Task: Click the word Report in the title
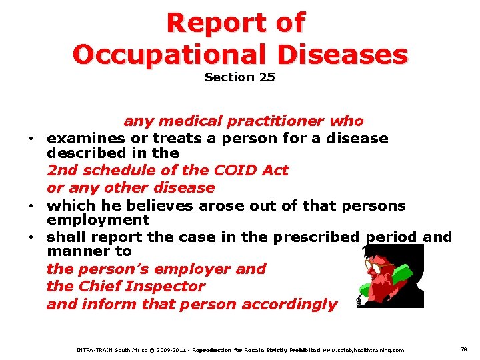pos(215,23)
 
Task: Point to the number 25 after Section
pos(267,77)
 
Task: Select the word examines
pos(86,139)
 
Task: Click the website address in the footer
pos(363,350)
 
